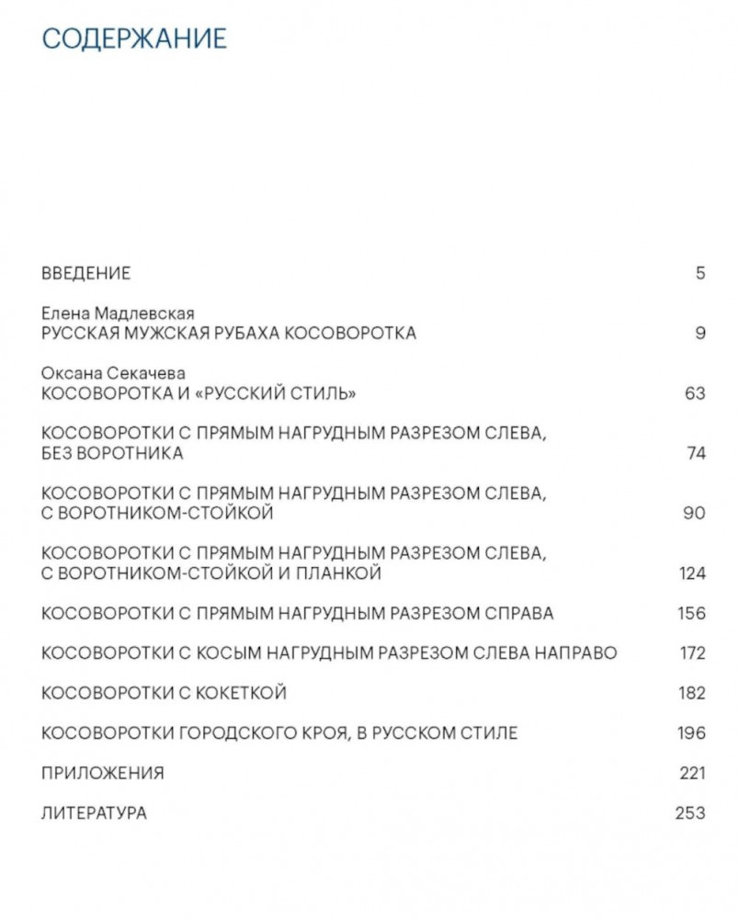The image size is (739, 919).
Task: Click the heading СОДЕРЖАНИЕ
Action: [x=133, y=39]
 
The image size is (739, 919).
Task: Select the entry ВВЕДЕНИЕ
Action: [x=86, y=273]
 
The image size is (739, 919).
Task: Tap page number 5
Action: [x=700, y=273]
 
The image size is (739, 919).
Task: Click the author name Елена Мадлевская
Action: [x=118, y=314]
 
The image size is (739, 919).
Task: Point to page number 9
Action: [x=700, y=334]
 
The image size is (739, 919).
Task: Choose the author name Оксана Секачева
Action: [x=113, y=373]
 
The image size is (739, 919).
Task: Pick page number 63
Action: [x=695, y=393]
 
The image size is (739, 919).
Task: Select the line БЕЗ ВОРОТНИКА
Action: [x=112, y=453]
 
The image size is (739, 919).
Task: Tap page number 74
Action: [x=695, y=453]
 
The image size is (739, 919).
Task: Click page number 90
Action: [x=695, y=513]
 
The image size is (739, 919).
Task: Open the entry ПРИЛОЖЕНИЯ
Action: [x=103, y=773]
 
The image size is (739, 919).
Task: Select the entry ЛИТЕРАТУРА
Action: [x=94, y=813]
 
